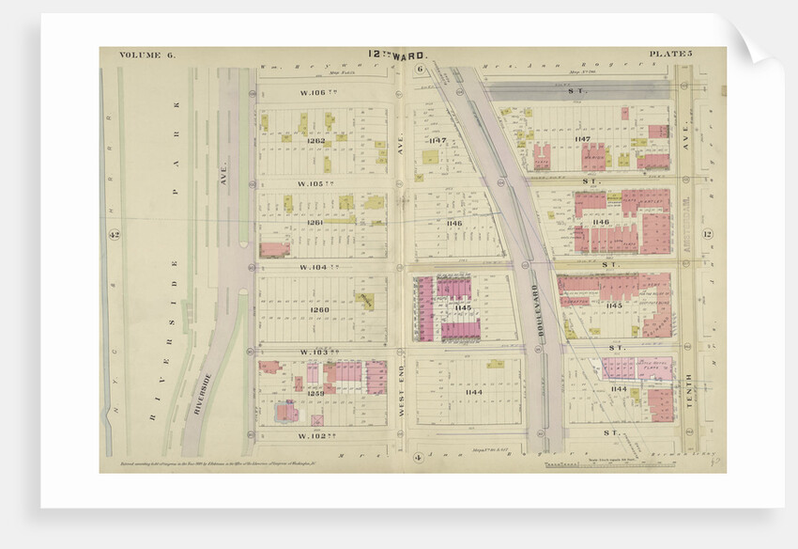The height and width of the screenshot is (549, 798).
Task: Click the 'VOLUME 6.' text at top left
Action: [x=147, y=55]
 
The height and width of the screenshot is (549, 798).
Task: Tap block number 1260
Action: [x=319, y=309]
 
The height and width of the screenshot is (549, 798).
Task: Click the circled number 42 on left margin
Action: [x=115, y=234]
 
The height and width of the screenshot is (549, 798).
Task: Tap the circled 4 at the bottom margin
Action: [x=416, y=457]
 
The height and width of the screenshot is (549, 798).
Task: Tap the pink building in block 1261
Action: [x=273, y=250]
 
